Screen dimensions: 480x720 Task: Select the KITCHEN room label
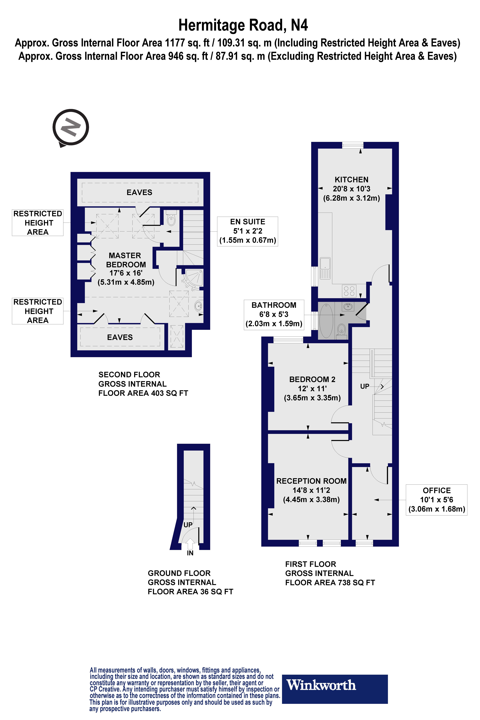pos(351,180)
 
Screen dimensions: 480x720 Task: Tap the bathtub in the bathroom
pos(326,320)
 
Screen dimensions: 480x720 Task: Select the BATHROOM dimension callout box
pos(274,314)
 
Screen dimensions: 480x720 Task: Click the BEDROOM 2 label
pos(312,380)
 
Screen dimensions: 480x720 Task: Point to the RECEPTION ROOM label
pos(311,481)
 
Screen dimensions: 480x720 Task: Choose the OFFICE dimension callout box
pos(437,500)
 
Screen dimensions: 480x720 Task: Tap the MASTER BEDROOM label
pos(126,260)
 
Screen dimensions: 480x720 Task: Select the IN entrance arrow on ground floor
pos(190,545)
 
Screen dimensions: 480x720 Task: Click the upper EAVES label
pos(139,193)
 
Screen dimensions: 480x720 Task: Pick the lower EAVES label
pos(120,337)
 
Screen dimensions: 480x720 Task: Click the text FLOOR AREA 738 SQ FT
pos(330,583)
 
